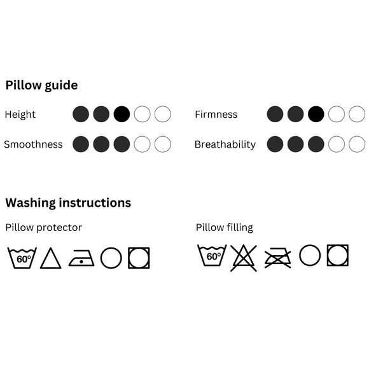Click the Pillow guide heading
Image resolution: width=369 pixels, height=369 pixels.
point(41,85)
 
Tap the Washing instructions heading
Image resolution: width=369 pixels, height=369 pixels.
point(68,203)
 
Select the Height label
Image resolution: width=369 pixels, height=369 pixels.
point(20,115)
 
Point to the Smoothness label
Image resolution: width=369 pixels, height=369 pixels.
point(33,144)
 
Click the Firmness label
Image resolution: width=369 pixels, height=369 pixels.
point(216,115)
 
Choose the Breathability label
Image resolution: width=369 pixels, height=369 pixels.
point(225,144)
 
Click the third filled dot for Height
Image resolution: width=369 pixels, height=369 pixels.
point(122,114)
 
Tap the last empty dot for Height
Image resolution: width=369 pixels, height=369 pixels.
point(163,114)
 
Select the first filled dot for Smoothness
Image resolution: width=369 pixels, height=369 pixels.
point(81,144)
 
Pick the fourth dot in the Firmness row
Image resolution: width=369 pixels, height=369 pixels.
point(337,114)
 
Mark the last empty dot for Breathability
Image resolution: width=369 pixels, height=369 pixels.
point(357,144)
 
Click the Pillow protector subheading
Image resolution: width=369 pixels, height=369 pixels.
point(43,228)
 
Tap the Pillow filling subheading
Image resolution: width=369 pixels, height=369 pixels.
point(225,228)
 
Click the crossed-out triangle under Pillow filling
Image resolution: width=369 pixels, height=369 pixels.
point(244,258)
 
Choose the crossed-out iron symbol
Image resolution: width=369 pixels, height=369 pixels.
point(277,258)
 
